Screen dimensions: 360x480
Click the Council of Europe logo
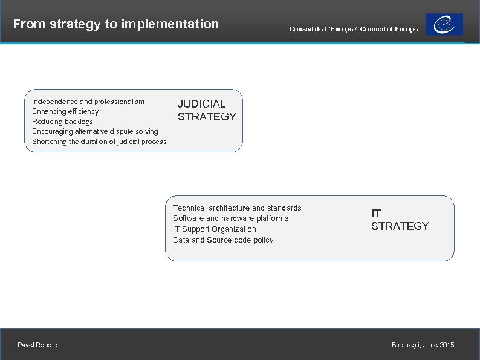pos(444,25)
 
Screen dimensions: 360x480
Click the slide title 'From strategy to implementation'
pos(115,24)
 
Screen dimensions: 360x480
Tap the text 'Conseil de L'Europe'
pos(322,29)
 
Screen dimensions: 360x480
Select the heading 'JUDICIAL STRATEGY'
pos(207,110)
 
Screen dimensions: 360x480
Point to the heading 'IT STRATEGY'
pos(400,220)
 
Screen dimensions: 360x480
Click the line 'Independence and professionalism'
pos(88,102)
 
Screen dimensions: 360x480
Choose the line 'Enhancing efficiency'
pos(65,111)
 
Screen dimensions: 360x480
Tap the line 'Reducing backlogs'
pos(62,122)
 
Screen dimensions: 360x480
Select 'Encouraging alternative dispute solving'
pos(95,131)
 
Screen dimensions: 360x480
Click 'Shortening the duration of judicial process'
pos(99,142)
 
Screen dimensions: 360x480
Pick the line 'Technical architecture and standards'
pos(237,208)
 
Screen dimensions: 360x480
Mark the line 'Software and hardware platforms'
pos(230,218)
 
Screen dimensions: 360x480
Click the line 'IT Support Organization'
pos(214,229)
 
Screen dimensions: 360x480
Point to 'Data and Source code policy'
pos(223,240)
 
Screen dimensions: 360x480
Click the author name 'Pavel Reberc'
pos(37,345)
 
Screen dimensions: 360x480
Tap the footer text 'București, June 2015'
pos(423,345)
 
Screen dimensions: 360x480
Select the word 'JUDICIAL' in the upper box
pos(201,104)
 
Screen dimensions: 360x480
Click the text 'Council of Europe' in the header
pos(389,29)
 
